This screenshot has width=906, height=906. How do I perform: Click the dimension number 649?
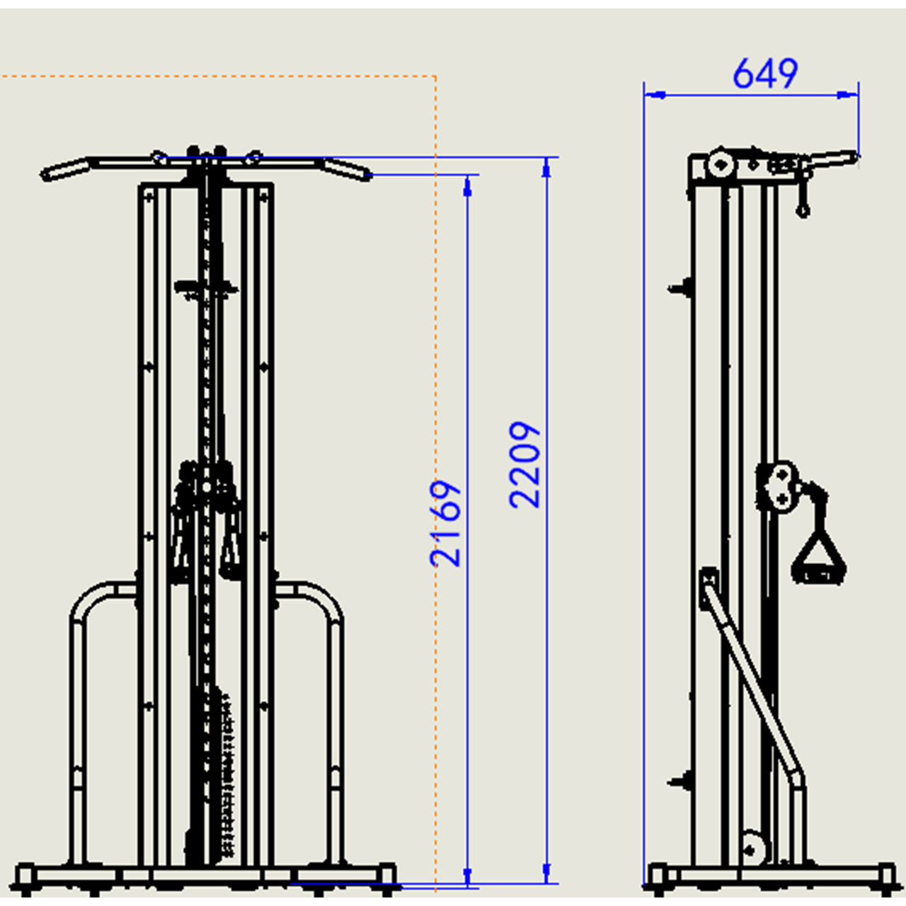pyautogui.click(x=765, y=74)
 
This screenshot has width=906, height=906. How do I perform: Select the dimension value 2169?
pyautogui.click(x=445, y=523)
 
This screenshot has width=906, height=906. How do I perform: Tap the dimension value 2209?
pyautogui.click(x=524, y=465)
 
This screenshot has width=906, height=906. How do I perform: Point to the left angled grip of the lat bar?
pyautogui.click(x=66, y=170)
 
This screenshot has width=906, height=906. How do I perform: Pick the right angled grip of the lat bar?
pyautogui.click(x=346, y=170)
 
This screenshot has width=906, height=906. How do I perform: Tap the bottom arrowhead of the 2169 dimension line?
pyautogui.click(x=467, y=877)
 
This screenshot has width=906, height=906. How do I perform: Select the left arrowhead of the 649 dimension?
pyautogui.click(x=655, y=95)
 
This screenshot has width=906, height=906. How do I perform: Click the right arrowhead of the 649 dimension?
pyautogui.click(x=847, y=95)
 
